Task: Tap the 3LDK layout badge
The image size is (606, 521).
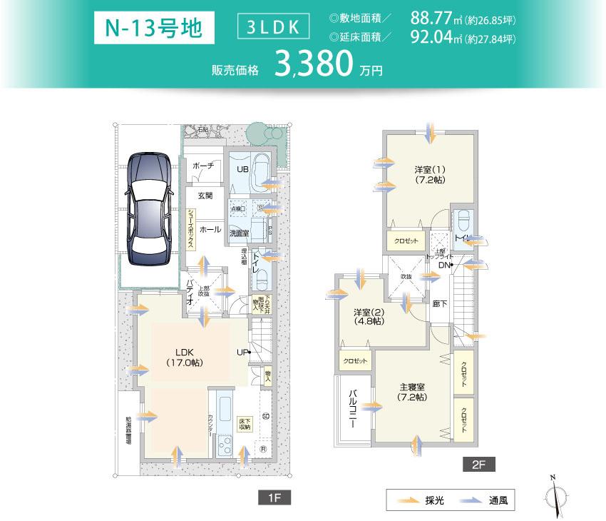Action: point(274,28)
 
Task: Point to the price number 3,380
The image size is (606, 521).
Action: point(314,64)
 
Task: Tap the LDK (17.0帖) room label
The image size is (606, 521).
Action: point(184,357)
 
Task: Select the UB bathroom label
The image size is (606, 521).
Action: point(242,169)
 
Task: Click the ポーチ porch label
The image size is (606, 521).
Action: point(203,166)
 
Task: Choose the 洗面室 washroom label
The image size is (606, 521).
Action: point(239,232)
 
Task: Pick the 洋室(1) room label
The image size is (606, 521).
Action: point(430,175)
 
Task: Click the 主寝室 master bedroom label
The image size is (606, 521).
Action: point(412,392)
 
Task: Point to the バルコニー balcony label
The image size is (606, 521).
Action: point(353,409)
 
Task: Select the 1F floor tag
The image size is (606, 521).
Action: point(274,497)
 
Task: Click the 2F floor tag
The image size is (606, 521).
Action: point(478,465)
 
